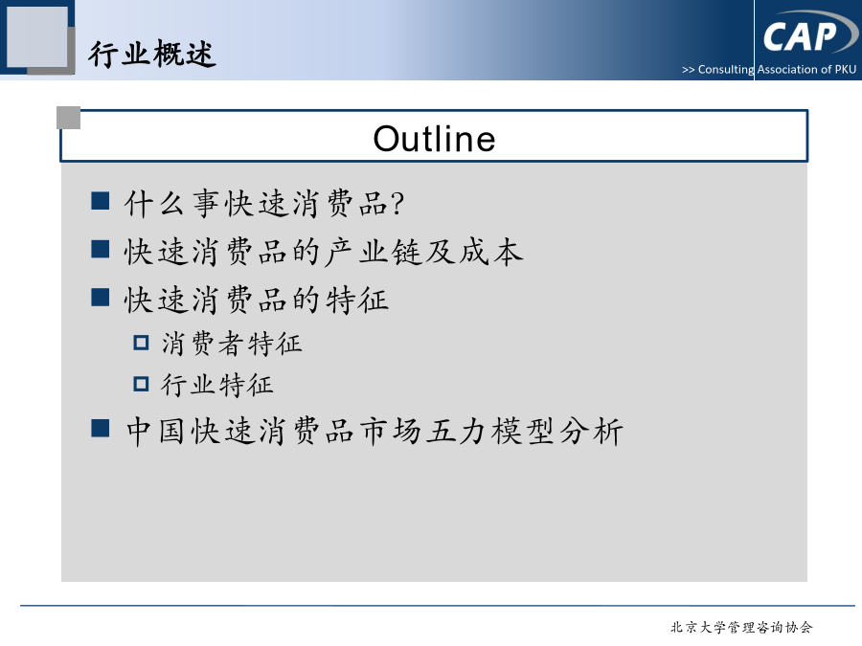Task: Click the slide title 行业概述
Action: (152, 54)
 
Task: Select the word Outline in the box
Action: (434, 138)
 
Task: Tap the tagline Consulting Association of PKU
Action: (777, 70)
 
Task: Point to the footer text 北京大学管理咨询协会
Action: (741, 627)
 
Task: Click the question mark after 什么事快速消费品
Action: (397, 203)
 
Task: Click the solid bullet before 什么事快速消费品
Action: (100, 201)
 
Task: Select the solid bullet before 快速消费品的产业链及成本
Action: (100, 249)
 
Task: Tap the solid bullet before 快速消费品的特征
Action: (100, 297)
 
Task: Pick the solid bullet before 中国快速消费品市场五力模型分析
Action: (100, 428)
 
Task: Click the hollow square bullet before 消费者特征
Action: (142, 343)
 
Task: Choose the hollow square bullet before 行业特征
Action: (142, 384)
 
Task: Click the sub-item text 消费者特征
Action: (232, 344)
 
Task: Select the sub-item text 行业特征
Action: (217, 385)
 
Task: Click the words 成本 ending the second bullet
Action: (491, 252)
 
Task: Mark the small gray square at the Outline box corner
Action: (69, 118)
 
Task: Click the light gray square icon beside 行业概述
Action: (36, 36)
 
